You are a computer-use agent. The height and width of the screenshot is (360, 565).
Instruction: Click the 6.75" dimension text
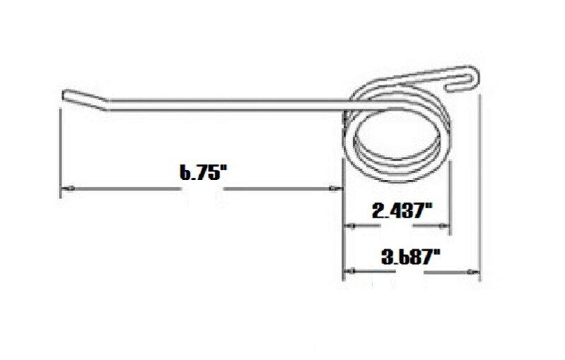click(x=201, y=174)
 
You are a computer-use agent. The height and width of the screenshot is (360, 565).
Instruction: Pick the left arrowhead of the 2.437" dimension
click(x=349, y=227)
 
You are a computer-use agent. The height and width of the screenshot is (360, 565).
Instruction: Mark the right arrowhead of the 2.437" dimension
click(x=445, y=227)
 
